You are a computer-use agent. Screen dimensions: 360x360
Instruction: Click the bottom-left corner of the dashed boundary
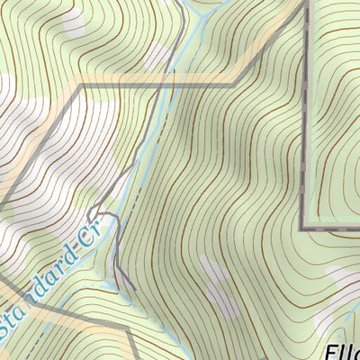301,229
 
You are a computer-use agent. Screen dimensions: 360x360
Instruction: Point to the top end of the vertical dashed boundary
306,2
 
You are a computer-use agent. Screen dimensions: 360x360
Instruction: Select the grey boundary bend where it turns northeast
236,84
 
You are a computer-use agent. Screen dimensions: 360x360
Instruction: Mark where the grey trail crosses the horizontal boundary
171,85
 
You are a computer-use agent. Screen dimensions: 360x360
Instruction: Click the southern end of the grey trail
135,289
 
